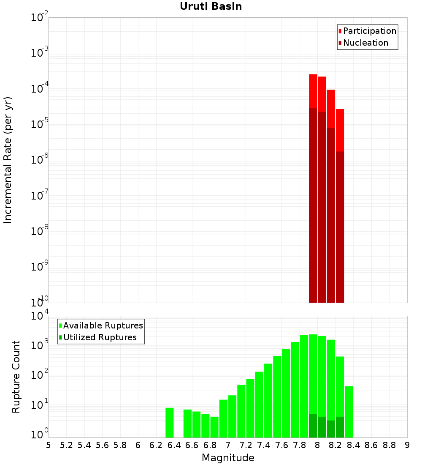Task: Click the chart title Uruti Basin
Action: point(211,6)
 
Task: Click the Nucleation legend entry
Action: point(365,43)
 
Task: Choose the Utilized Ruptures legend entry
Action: point(100,337)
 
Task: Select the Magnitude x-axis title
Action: point(228,458)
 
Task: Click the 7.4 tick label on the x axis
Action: point(264,445)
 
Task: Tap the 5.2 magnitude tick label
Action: point(66,445)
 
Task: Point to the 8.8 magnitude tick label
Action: point(389,445)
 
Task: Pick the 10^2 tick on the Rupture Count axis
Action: point(39,375)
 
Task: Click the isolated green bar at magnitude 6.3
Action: point(170,423)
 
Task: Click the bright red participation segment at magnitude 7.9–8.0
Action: point(313,91)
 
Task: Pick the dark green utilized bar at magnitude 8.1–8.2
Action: point(331,429)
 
